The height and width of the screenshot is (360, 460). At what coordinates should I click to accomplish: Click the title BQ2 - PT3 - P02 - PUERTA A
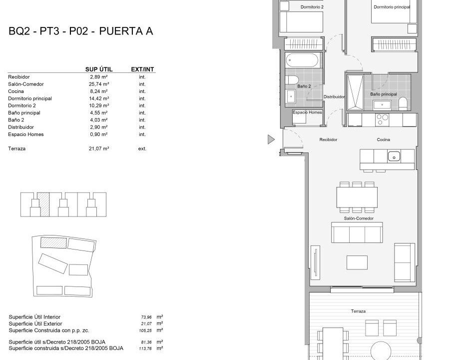pos(81,31)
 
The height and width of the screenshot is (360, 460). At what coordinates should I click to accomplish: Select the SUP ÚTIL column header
pos(99,69)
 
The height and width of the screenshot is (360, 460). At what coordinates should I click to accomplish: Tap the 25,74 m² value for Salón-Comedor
pos(99,84)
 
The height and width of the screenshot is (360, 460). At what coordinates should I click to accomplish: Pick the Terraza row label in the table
pos(16,148)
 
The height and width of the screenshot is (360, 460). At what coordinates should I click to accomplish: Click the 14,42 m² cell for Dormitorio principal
pos(99,98)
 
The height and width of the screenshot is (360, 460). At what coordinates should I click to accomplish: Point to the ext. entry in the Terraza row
pos(142,148)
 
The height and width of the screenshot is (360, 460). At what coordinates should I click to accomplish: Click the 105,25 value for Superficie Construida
pos(145,330)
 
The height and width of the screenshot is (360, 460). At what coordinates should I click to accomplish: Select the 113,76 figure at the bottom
pos(145,348)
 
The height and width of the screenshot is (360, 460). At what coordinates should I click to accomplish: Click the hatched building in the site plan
pos(53,242)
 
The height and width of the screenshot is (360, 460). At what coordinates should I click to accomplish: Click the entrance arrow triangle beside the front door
pos(271,139)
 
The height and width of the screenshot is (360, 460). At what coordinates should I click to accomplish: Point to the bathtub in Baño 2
pos(302,61)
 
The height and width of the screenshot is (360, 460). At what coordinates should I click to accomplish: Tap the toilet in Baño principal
pos(403,103)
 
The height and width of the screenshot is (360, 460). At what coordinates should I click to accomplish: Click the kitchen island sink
pos(394,156)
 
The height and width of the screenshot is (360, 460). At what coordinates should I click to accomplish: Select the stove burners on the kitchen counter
pos(383,120)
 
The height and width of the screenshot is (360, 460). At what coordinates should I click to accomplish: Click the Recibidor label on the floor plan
pos(328,139)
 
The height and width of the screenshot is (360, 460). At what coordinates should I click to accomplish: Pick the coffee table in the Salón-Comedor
pos(357,262)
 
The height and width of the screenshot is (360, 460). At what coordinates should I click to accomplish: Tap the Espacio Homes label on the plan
pos(307,112)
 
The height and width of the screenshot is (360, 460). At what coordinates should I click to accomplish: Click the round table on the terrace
pos(381,350)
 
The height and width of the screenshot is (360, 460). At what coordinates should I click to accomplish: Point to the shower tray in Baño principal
pos(355,92)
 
